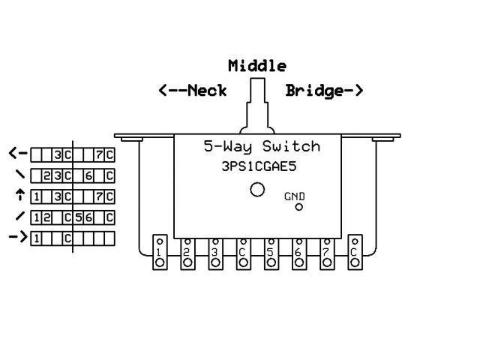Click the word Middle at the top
(257, 65)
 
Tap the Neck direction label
(193, 91)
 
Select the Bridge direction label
(324, 91)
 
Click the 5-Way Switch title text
(262, 147)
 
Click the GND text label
(295, 196)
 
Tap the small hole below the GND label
(298, 207)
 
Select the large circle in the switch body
(257, 190)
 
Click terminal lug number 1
(160, 253)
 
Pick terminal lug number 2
(187, 253)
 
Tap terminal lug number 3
(215, 253)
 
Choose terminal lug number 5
(271, 253)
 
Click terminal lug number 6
(298, 253)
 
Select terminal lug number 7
(326, 253)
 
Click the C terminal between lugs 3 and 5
(243, 253)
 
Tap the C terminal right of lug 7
(354, 253)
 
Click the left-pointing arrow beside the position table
(18, 154)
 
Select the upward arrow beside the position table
(18, 196)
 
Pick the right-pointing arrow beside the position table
(18, 238)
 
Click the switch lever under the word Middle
(257, 105)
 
